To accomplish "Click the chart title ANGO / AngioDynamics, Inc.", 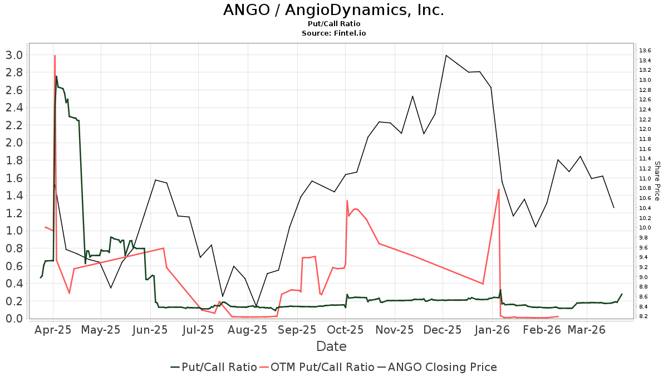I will tap(333, 11).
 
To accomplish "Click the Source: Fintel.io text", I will tap(333, 33).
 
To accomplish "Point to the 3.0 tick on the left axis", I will tap(14, 55).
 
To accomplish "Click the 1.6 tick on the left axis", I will tap(14, 178).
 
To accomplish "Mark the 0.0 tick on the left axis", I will tap(14, 318).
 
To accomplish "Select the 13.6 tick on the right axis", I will tap(646, 50).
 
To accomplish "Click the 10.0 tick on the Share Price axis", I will tap(646, 227).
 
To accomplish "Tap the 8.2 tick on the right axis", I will tap(646, 316).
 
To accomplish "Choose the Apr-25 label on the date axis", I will tap(53, 330).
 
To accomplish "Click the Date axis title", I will tap(331, 346).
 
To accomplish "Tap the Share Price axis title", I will tap(657, 181).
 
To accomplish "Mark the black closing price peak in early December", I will tap(446, 55).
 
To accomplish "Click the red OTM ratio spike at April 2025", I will tap(55, 56).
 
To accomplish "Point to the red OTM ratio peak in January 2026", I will tap(499, 189).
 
